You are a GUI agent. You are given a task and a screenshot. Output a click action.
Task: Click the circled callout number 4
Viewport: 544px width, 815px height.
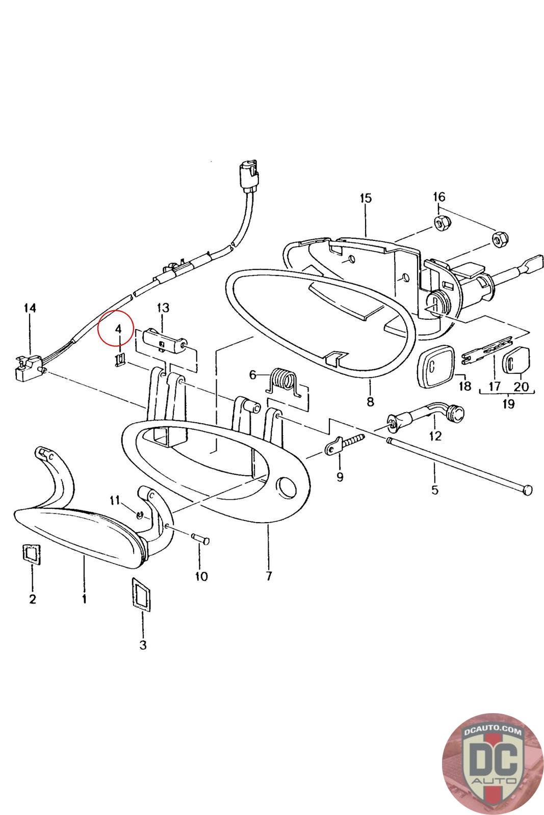[x=118, y=329]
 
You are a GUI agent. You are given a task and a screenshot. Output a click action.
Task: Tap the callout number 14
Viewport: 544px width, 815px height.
[x=30, y=308]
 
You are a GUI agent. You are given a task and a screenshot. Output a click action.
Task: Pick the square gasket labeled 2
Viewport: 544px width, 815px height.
[x=32, y=554]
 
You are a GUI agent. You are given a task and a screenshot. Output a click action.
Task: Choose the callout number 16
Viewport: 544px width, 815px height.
[x=439, y=197]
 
